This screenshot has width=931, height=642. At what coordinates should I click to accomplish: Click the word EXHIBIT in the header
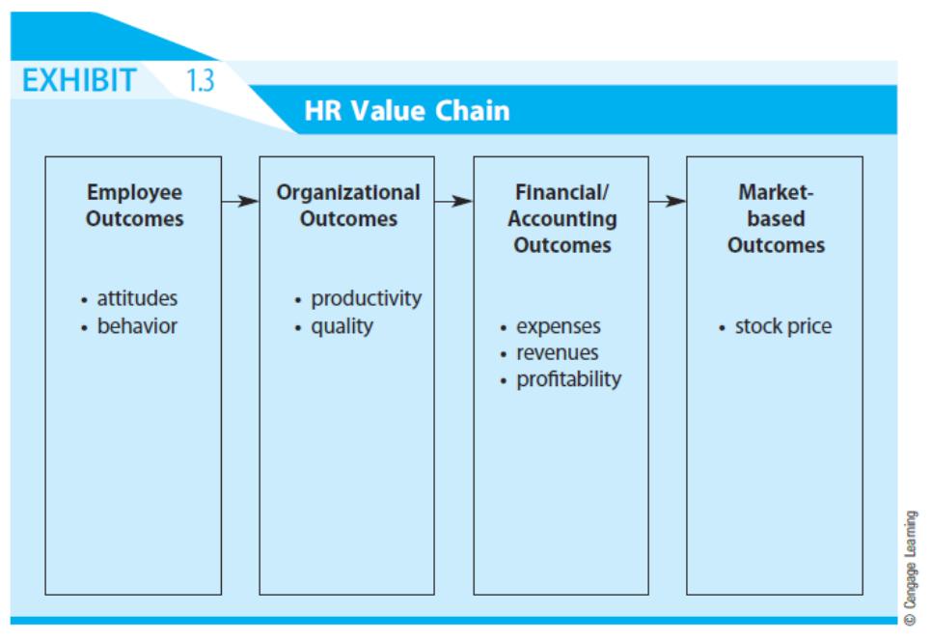[79, 80]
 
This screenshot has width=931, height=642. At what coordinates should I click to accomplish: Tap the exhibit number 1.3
[200, 80]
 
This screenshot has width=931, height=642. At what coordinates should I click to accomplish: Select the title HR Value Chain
[407, 111]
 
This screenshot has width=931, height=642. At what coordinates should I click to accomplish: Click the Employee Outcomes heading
[135, 206]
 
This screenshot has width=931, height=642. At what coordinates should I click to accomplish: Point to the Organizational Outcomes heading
[348, 206]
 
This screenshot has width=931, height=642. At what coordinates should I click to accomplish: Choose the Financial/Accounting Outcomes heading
[561, 218]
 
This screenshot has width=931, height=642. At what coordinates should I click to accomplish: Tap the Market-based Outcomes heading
[776, 218]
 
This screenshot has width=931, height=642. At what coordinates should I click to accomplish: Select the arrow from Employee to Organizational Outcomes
[240, 202]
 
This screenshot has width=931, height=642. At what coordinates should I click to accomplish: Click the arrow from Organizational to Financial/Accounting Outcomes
[453, 202]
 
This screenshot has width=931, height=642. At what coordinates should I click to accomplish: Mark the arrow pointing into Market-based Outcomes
[668, 202]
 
